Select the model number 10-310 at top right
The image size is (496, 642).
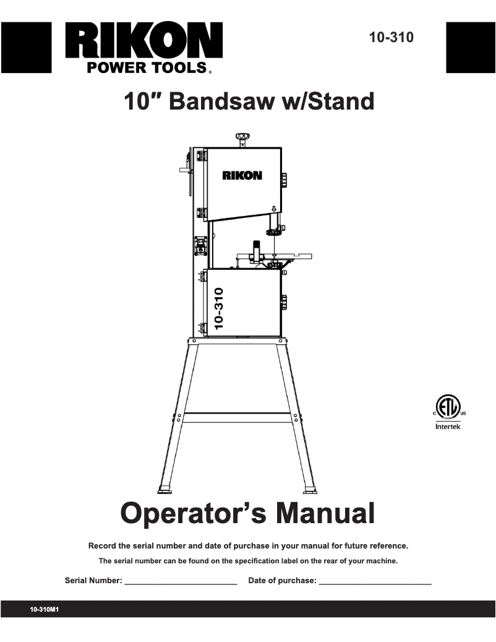tap(391, 37)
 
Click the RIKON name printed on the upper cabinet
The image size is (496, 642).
tap(242, 175)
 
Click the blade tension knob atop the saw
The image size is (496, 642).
tap(242, 136)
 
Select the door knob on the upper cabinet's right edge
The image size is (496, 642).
tap(284, 180)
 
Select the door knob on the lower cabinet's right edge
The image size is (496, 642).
tap(284, 302)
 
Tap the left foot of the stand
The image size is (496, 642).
tap(165, 490)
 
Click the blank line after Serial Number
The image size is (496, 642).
tap(181, 582)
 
